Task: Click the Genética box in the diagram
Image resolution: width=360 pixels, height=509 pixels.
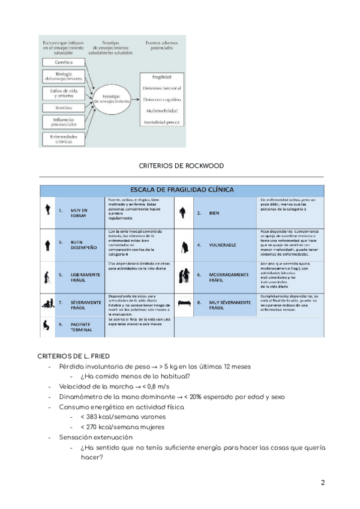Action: point(64,62)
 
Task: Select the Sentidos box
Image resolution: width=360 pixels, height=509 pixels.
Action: point(64,108)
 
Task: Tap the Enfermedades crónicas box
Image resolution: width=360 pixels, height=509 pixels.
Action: point(64,139)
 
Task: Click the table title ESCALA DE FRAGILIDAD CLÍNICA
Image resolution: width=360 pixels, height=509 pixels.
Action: point(181,190)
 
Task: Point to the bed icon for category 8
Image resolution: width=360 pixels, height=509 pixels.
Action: point(184,304)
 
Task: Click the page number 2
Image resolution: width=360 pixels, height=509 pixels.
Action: point(322,482)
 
